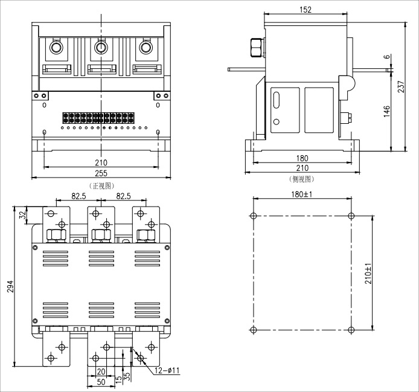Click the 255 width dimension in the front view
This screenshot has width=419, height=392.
point(101,173)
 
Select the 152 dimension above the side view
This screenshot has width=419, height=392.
point(305,10)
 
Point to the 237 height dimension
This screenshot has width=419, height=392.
point(401,86)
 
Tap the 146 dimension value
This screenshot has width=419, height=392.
point(386,111)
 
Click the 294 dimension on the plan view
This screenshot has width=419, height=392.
point(10,286)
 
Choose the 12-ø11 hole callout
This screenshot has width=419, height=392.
point(167,371)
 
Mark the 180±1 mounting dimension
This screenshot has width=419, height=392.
point(302,194)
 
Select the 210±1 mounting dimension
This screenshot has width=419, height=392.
point(368,273)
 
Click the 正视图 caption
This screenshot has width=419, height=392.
point(102,186)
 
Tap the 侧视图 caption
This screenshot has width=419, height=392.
point(302,179)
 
